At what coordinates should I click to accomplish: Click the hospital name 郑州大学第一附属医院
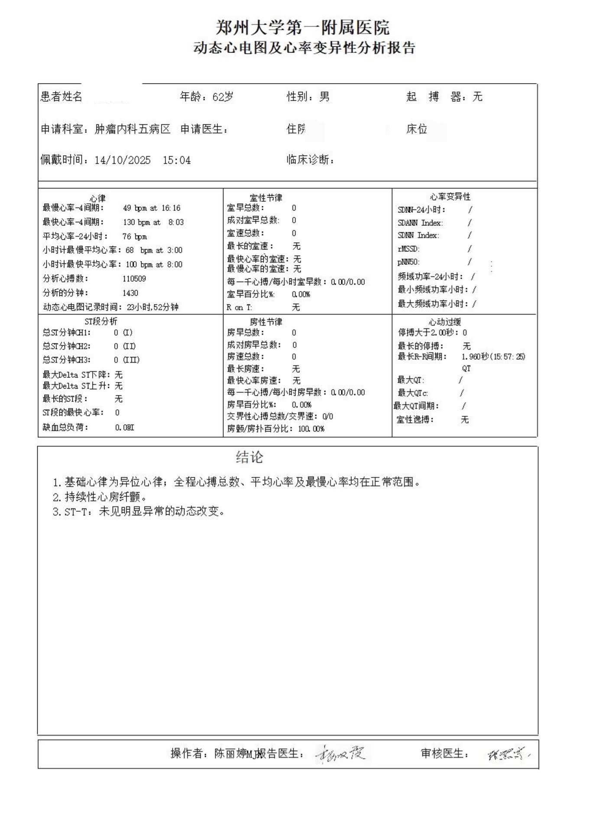coord(303,28)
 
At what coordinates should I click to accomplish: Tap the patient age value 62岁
coord(223,97)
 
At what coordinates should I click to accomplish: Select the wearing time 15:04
coord(177,160)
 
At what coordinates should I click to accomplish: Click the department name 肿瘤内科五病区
coord(132,129)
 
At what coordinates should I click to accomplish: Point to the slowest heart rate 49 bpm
coord(135,208)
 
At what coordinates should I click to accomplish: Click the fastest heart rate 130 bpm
coord(138,222)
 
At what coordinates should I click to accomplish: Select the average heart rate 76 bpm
coord(134,237)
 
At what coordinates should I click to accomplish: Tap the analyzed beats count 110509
coord(134,279)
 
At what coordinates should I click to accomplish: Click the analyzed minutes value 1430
coord(130,293)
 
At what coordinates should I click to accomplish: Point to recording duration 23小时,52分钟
coord(152,307)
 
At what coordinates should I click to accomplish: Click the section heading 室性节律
coord(266,198)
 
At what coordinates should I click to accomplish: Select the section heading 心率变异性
coord(450,197)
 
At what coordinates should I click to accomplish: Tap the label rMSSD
coord(408,249)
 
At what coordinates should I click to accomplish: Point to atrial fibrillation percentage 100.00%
coord(311,429)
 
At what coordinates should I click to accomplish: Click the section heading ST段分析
coord(100,322)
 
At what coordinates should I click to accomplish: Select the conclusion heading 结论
coord(249,457)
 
